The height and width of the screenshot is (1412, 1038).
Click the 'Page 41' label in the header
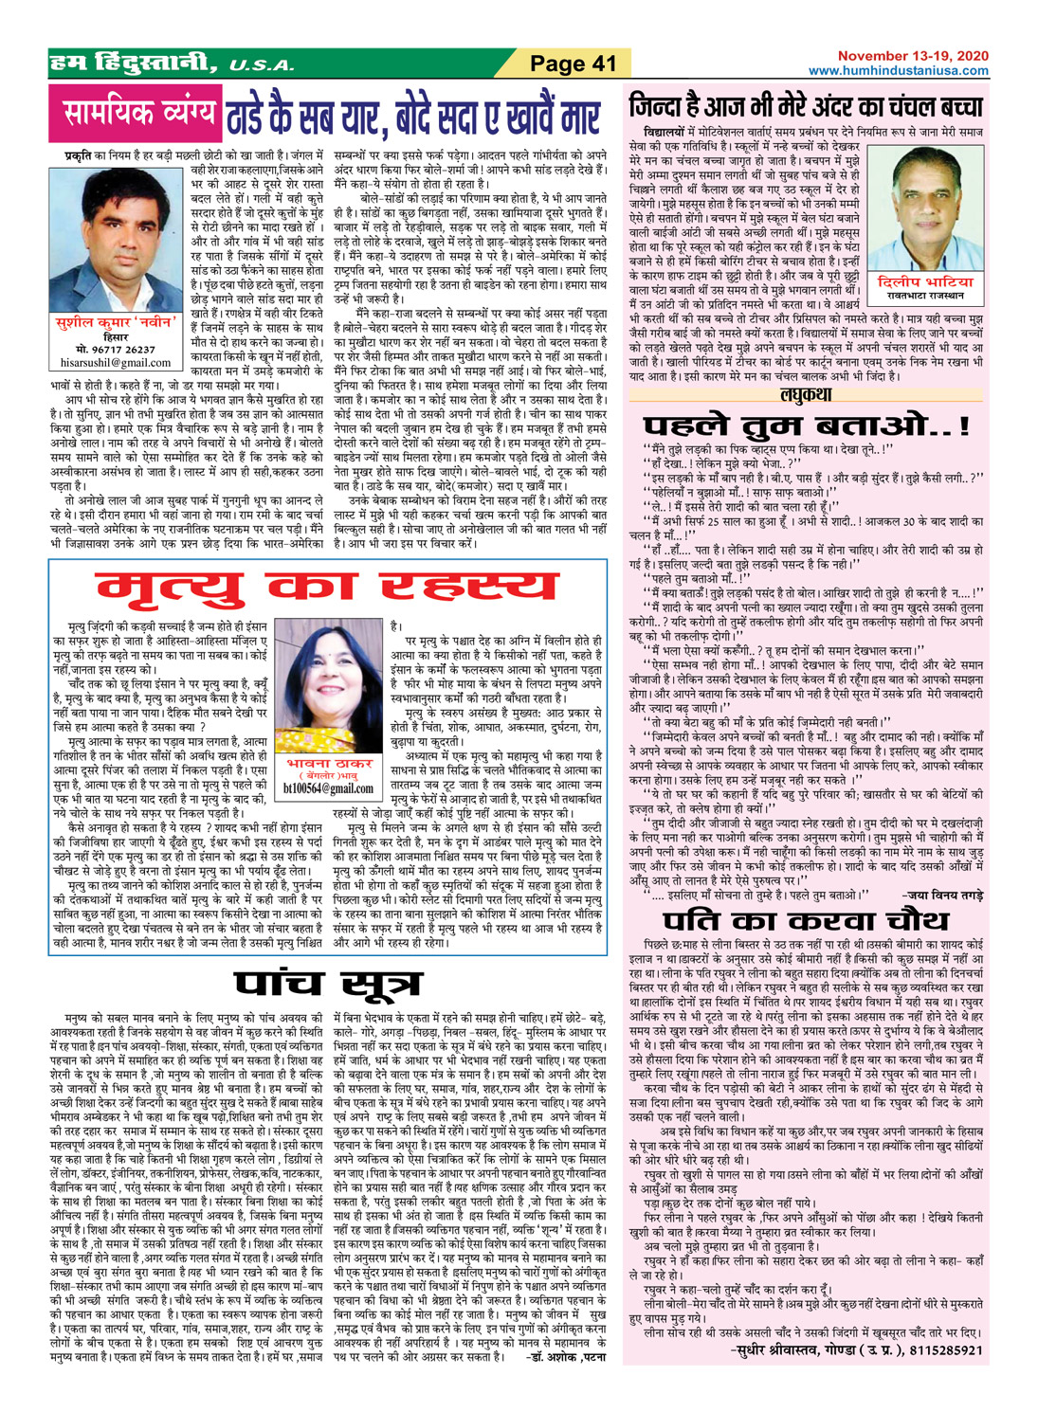pos(573,64)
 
